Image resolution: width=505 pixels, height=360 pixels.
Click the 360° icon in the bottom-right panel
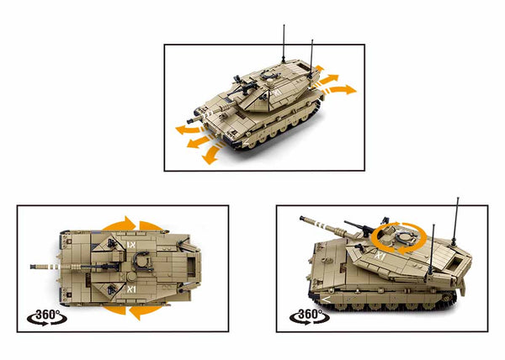[308, 317]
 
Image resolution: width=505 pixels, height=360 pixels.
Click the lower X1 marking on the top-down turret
[130, 289]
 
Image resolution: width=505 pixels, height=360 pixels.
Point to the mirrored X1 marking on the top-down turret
[130, 245]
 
